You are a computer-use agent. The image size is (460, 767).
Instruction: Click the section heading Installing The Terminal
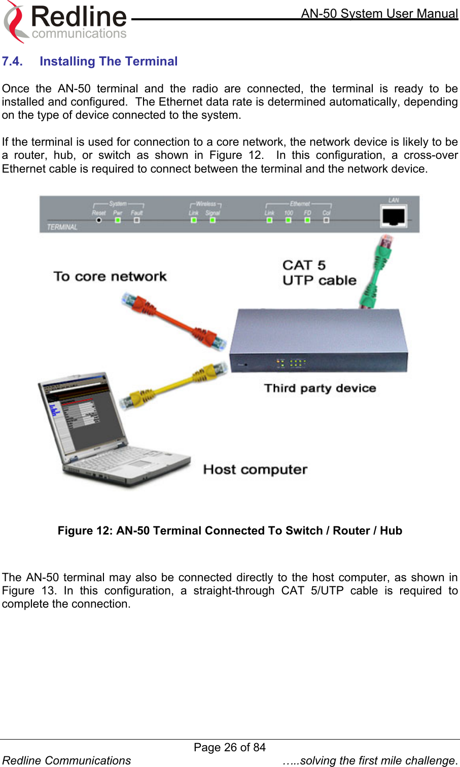coord(109,61)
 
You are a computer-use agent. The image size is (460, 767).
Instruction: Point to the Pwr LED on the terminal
coord(118,220)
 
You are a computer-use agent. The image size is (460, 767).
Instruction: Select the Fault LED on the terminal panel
coord(136,220)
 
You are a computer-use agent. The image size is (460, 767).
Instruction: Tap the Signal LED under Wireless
coord(213,220)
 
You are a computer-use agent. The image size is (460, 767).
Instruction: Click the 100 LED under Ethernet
coord(288,220)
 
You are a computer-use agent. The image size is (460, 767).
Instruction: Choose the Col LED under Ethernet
coord(326,220)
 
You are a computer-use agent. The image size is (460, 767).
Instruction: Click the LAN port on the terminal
coord(394,217)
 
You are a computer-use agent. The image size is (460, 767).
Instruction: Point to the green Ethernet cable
coord(377,272)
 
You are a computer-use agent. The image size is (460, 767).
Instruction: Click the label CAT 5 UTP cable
coord(319,273)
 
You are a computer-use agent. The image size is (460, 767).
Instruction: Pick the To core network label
coord(110,277)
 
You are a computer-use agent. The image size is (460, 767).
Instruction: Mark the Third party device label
coord(320,388)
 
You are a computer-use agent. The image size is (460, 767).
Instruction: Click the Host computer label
coord(255,470)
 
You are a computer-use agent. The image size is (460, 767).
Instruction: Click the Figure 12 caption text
coord(230,531)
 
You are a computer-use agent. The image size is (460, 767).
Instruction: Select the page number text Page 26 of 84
coord(230,747)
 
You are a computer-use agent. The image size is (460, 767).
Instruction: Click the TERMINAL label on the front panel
coord(62,227)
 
